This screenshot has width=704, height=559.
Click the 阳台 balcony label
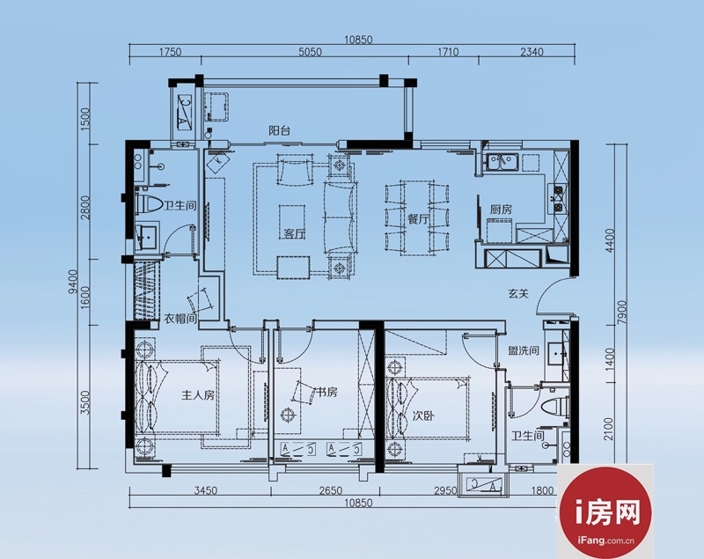(x=279, y=130)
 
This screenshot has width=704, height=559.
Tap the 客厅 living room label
(x=295, y=233)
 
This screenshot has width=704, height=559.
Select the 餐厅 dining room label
(x=419, y=219)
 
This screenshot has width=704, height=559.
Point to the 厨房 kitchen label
(x=501, y=210)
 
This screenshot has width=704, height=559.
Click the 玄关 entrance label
(x=518, y=294)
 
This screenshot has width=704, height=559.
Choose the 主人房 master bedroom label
(x=198, y=395)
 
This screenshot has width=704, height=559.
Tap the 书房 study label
(x=326, y=393)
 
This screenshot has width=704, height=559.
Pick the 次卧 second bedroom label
(x=423, y=416)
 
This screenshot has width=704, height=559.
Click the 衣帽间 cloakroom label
(x=180, y=319)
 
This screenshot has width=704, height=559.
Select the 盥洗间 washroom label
(x=524, y=350)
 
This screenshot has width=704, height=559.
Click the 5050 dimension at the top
(x=310, y=52)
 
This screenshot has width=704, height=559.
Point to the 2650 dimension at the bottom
(x=331, y=490)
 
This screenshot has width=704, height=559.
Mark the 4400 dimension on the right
(x=610, y=240)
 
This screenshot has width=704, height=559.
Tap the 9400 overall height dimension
(x=74, y=281)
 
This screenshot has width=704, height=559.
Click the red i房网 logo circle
(x=605, y=512)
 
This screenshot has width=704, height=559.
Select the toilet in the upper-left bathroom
(x=149, y=205)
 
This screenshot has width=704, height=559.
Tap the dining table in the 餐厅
(x=417, y=217)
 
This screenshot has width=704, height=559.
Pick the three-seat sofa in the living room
(x=340, y=218)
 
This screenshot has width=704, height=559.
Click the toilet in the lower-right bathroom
(x=554, y=408)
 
